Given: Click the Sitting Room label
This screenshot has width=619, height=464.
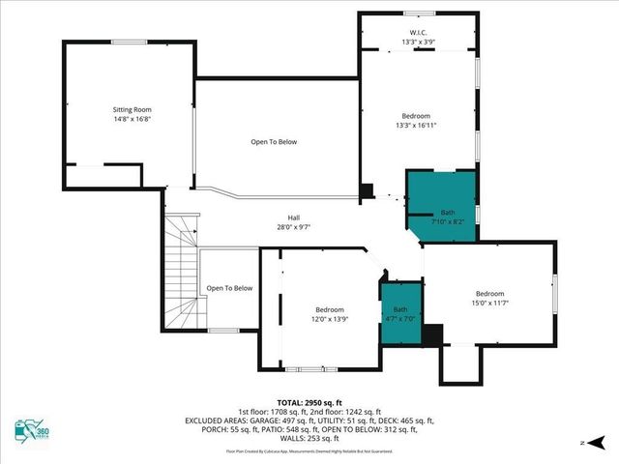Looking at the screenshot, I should [x=132, y=110].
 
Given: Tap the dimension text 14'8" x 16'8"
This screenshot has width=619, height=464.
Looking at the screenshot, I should [x=132, y=121].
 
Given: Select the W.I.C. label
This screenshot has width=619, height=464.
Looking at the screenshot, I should [x=418, y=33].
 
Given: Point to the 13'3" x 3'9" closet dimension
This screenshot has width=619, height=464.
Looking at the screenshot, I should [x=418, y=43].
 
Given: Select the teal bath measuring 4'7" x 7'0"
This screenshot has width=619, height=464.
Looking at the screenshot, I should [x=400, y=313].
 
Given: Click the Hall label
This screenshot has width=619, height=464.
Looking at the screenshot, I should [x=293, y=217].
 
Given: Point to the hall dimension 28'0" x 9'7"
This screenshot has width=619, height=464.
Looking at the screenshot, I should [x=293, y=227].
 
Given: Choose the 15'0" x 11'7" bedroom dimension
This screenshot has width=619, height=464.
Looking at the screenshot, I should [x=488, y=303].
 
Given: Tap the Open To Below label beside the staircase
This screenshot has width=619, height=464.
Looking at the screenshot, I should [x=229, y=288].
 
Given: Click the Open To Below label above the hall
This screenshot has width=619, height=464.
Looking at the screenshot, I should [x=274, y=142].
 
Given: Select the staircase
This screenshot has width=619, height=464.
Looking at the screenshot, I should [x=181, y=275].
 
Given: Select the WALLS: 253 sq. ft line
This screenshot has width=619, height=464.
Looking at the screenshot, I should [x=309, y=438].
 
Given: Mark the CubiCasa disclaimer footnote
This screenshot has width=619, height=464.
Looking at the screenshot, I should [x=309, y=451].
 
